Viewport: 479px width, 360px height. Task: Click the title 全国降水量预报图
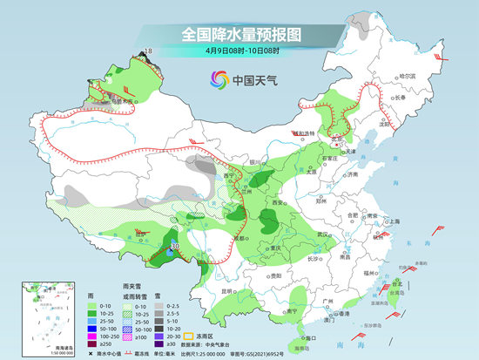click(x=239, y=35)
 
